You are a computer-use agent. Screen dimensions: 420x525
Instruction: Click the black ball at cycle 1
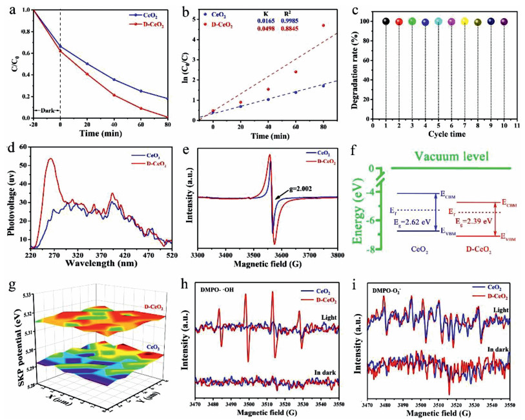tap(386, 21)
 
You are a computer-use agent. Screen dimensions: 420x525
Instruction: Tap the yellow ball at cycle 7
tap(465, 21)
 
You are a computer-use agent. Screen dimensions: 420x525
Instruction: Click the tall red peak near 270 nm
tap(50, 160)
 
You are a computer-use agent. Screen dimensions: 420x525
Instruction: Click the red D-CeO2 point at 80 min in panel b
tap(324, 26)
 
